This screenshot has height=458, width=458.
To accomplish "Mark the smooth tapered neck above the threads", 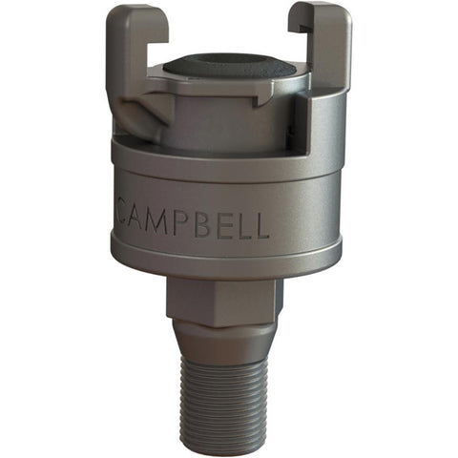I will [224, 342].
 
